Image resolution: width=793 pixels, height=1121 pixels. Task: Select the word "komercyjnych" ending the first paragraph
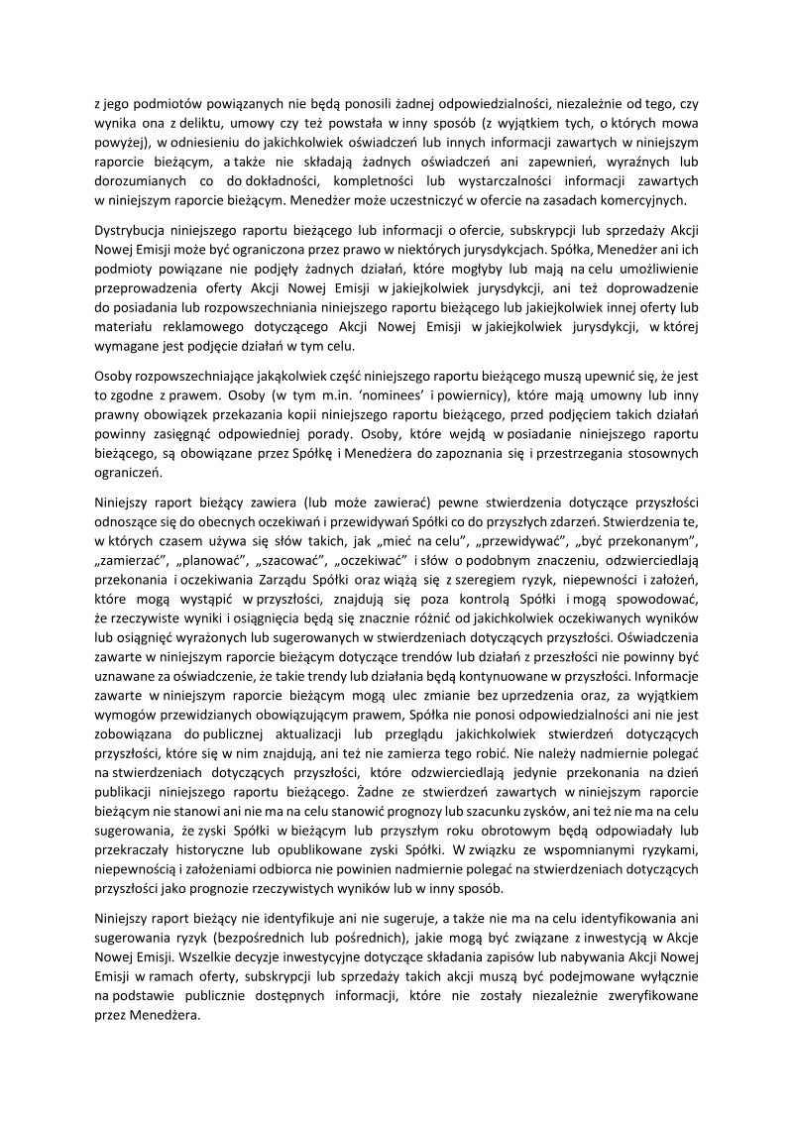(x=652, y=199)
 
